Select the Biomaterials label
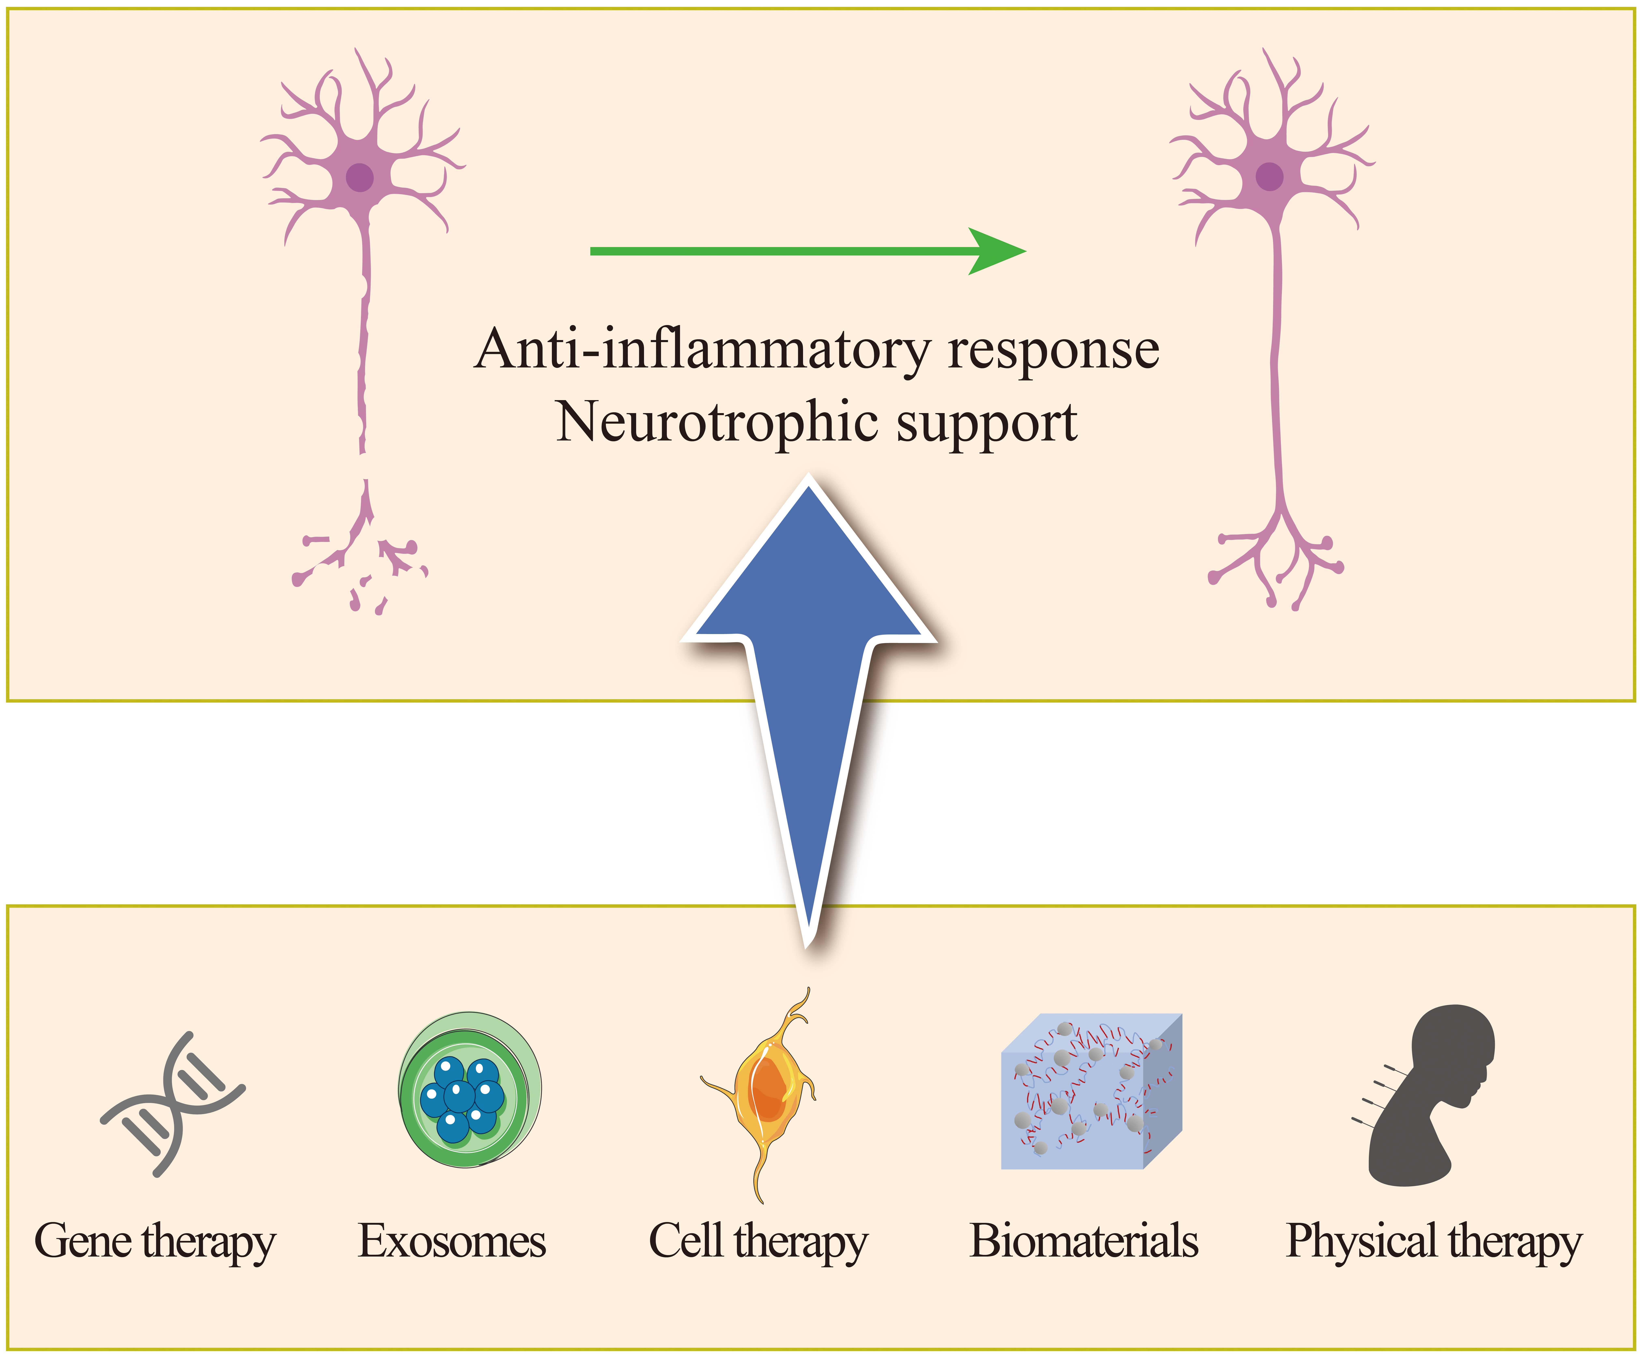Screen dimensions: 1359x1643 click(1084, 1241)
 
